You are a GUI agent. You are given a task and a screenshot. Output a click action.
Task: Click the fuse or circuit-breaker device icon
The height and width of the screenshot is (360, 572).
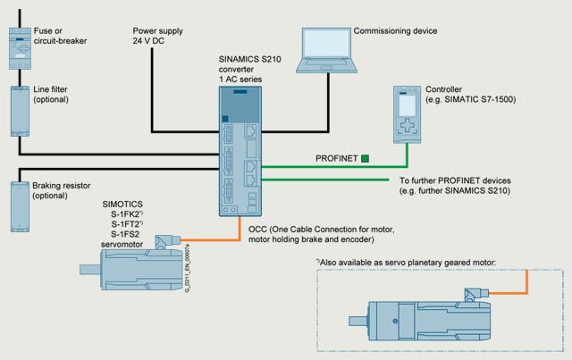19,44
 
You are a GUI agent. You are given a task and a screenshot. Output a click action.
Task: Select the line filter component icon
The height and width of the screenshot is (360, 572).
19,109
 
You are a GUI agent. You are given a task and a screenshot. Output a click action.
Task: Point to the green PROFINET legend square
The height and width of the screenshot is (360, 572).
366,159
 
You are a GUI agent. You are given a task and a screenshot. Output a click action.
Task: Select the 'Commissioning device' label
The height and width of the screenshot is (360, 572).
396,31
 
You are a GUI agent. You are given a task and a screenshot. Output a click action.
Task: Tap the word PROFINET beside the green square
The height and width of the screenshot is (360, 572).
337,159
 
